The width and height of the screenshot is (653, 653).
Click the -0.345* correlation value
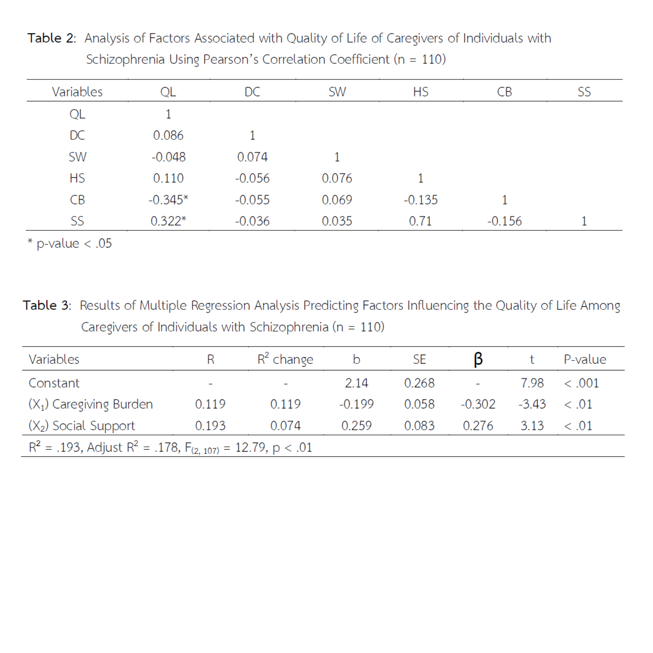point(168,200)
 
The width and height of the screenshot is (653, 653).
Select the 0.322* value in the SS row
point(168,221)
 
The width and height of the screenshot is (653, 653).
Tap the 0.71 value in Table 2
point(420,221)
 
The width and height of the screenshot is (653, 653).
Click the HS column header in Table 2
point(421,92)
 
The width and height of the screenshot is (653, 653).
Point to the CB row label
point(77,200)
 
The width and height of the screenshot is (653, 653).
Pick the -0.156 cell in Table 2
point(504,221)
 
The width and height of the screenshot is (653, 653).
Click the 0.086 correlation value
point(168,135)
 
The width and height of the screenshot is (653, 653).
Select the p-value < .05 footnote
point(70,243)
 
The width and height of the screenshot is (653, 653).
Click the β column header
point(478,359)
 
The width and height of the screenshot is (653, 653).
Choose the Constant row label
point(54,383)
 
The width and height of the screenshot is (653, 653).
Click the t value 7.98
point(532,383)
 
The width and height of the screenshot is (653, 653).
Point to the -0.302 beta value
point(478,404)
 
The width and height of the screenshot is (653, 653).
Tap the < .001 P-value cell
point(581,383)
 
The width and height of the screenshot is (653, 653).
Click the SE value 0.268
point(419,383)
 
